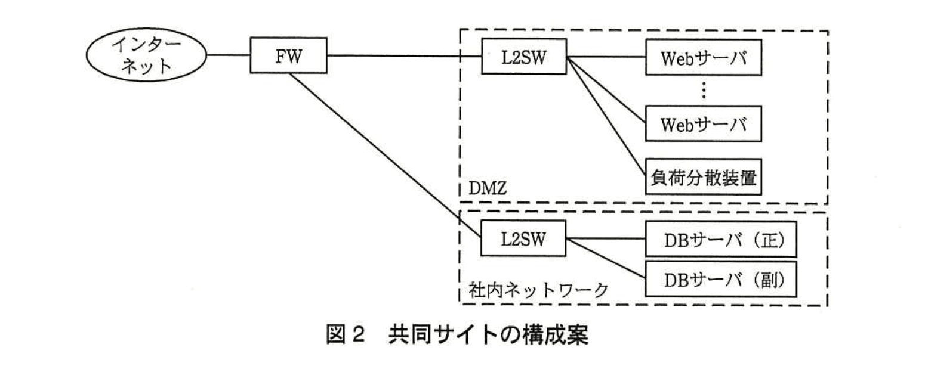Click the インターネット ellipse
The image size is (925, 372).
point(146,56)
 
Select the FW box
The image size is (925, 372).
point(288,57)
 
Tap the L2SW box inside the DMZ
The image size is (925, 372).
point(523,57)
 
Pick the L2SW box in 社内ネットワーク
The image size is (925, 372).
point(523,239)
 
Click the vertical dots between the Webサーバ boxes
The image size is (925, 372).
point(704,91)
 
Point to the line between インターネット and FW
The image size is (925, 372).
point(228,56)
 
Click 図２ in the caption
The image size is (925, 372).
point(345,334)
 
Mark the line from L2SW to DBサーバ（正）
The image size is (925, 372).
point(606,239)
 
